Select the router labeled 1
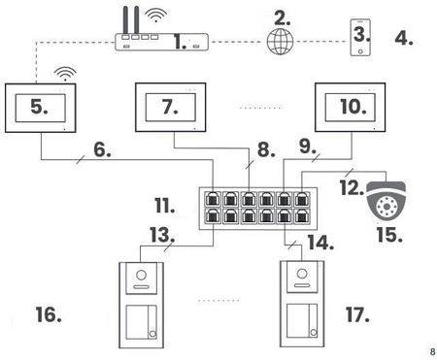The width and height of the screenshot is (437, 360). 161,43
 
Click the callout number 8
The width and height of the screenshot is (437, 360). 263,150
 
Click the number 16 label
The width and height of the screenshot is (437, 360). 49,315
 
